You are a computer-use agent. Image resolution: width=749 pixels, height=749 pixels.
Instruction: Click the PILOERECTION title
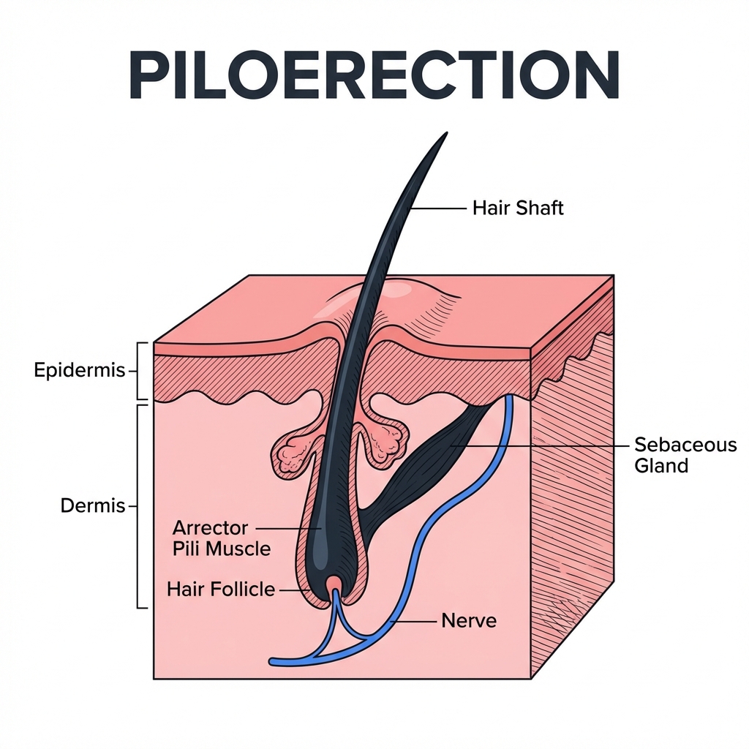tap(374, 75)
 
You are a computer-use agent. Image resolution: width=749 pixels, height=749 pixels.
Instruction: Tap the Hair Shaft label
tap(518, 208)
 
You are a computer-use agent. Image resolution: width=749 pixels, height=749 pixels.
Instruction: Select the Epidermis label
tap(80, 371)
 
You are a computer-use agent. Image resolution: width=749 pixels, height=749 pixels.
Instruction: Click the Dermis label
tap(94, 505)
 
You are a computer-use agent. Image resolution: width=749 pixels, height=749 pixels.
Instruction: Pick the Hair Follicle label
tap(221, 588)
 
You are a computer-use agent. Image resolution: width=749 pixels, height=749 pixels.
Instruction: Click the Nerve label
tap(469, 621)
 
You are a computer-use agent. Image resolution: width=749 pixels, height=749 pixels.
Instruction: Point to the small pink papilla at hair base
tap(334, 582)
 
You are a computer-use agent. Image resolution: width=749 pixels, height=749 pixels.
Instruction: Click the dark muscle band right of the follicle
tap(424, 461)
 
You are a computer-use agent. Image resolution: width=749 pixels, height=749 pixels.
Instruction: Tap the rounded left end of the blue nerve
tap(274, 661)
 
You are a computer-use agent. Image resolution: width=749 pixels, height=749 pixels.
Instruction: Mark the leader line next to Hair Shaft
tap(437, 208)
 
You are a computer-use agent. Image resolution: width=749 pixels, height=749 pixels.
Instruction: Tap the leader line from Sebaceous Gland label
tap(541, 445)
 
